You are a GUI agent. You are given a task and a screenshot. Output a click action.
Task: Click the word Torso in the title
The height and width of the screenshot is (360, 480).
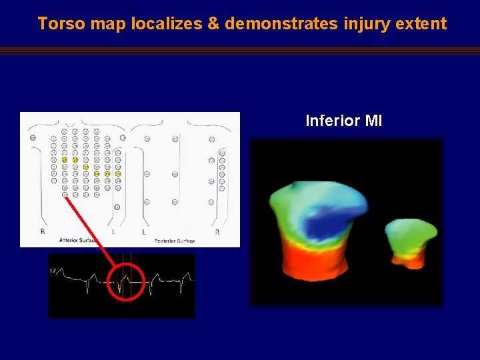point(60,24)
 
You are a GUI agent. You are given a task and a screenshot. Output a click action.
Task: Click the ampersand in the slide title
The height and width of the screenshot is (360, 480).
point(213,24)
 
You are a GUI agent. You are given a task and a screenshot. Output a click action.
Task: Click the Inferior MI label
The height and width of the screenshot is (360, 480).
point(343,121)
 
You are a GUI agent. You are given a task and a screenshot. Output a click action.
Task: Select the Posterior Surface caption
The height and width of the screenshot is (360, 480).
point(175,240)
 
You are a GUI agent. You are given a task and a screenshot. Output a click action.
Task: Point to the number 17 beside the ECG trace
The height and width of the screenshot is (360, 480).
point(52,270)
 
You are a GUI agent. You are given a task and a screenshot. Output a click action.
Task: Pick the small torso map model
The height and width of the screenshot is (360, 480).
point(410,241)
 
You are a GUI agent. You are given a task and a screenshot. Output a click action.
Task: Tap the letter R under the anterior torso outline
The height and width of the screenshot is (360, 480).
point(43,231)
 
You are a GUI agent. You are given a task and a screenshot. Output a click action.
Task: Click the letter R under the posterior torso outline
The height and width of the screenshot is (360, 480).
point(217,232)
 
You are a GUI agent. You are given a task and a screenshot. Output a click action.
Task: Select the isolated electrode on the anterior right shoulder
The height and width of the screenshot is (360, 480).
point(33,138)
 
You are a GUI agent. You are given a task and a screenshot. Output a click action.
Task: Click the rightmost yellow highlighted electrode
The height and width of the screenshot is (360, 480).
point(118,174)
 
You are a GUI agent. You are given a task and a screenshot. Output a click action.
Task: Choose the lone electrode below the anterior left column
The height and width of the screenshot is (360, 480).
point(117,207)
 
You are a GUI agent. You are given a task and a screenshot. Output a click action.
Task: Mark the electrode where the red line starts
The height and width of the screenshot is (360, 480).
point(65,195)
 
